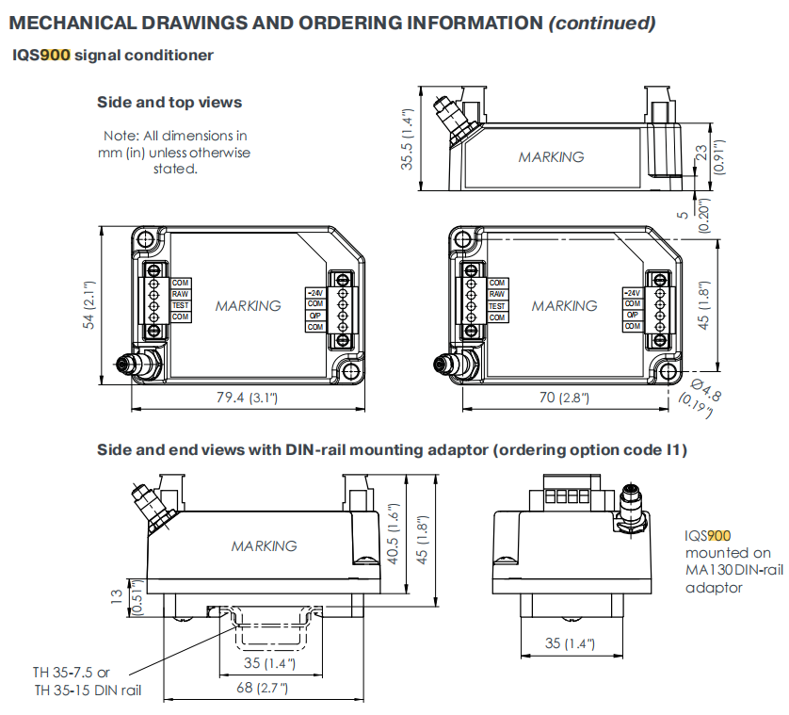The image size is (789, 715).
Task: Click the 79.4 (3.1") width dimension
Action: pos(248,398)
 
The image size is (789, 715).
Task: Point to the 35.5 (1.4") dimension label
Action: pos(408,138)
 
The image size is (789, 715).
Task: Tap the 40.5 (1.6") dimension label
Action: pos(396,535)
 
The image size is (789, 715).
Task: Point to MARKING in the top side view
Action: pos(551,157)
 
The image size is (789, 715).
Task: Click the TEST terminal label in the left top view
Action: pos(181,305)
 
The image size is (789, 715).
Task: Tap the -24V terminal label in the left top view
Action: pos(314,292)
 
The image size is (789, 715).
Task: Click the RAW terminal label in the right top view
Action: pos(497,295)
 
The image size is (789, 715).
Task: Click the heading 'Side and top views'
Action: pos(169,102)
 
